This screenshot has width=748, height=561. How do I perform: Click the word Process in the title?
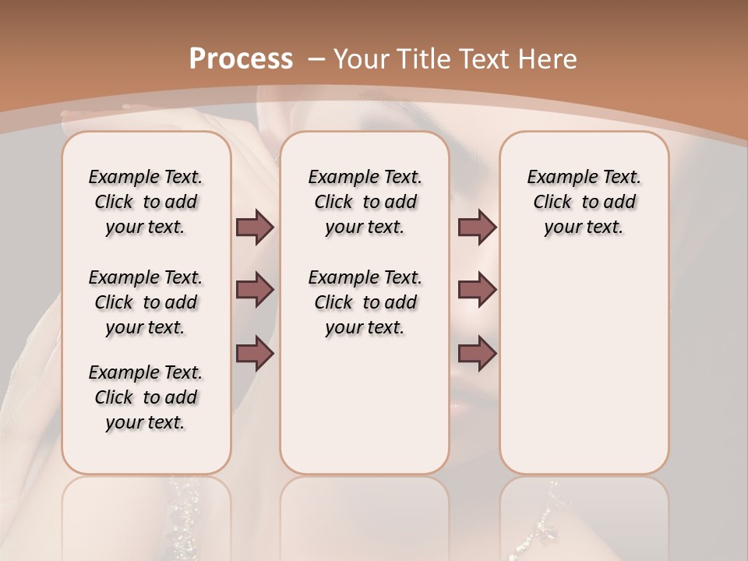(242, 59)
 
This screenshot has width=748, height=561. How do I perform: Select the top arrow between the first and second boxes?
(255, 227)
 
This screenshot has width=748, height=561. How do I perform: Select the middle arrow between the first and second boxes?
(255, 290)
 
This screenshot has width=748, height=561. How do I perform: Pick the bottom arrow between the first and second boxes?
(255, 353)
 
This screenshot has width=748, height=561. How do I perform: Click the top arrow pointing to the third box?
(477, 227)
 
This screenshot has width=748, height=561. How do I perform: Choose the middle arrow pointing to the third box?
(477, 290)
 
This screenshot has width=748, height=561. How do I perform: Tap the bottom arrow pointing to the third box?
(477, 353)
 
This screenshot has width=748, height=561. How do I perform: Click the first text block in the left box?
(146, 202)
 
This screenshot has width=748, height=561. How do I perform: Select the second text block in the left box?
(146, 302)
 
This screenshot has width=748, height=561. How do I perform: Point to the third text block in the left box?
(146, 397)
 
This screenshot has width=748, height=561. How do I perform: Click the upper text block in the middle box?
(365, 202)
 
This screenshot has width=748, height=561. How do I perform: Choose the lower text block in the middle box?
(365, 302)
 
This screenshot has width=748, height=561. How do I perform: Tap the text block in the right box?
(584, 202)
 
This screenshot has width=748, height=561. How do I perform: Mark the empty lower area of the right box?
(584, 366)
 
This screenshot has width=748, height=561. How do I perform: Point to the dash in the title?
(316, 59)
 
